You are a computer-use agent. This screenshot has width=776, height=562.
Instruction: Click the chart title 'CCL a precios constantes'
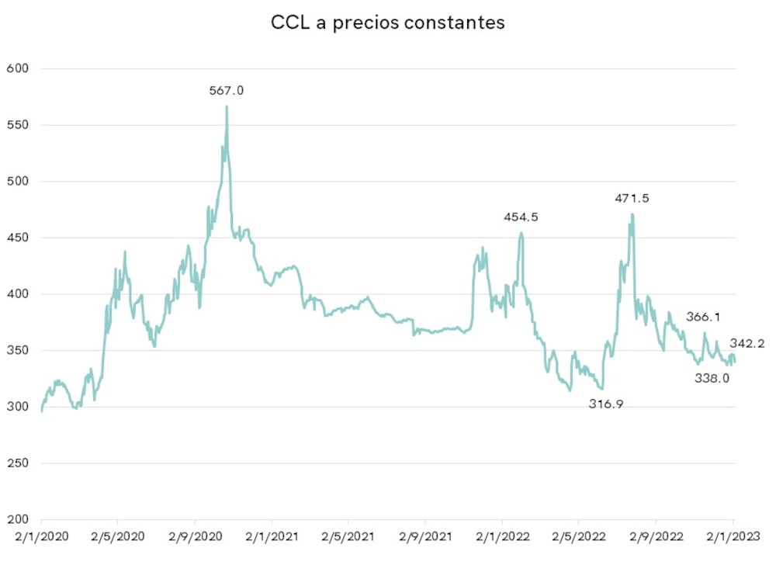click(x=387, y=23)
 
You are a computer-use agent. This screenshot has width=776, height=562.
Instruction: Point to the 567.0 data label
click(x=227, y=91)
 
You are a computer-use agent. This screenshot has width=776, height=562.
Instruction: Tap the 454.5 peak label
click(x=521, y=217)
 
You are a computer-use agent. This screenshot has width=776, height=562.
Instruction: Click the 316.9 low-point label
click(x=606, y=404)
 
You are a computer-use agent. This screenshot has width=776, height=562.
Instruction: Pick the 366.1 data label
click(x=704, y=317)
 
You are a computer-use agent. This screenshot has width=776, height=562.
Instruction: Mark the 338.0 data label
click(x=712, y=378)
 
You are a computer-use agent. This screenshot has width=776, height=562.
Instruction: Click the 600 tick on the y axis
click(x=17, y=68)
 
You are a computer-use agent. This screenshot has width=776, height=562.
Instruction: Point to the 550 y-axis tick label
click(x=17, y=125)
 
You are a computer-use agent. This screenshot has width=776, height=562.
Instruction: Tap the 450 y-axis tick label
click(x=17, y=238)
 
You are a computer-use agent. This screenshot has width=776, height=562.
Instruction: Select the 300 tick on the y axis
click(x=17, y=407)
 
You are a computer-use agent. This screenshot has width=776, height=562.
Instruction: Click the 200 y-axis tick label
click(x=17, y=519)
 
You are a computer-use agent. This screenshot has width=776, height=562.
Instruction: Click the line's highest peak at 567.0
click(x=227, y=107)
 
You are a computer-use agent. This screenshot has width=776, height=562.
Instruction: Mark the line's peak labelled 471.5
click(x=632, y=214)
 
